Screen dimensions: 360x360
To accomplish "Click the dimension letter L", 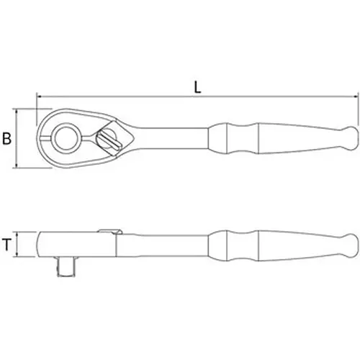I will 197,86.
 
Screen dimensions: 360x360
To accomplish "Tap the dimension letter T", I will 7,246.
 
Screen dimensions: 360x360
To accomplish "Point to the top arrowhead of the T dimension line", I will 17,233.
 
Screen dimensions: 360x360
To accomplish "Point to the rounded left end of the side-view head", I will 38,246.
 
